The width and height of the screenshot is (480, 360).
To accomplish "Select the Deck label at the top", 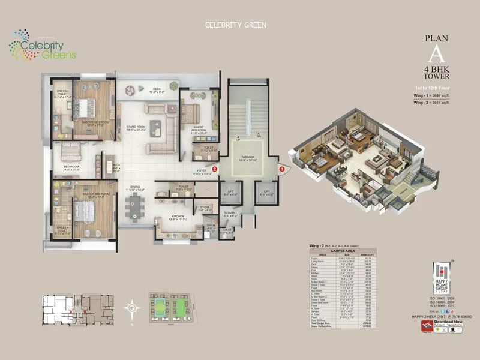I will pos(156,91).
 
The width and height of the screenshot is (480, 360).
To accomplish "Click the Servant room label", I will pos(213,214).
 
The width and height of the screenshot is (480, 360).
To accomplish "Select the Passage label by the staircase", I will pos(248,159).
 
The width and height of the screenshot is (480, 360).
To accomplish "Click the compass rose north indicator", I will pos(132,308).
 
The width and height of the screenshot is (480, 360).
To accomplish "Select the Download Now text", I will pos(448,322).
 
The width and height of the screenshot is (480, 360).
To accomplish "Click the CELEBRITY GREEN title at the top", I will pos(235,25).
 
